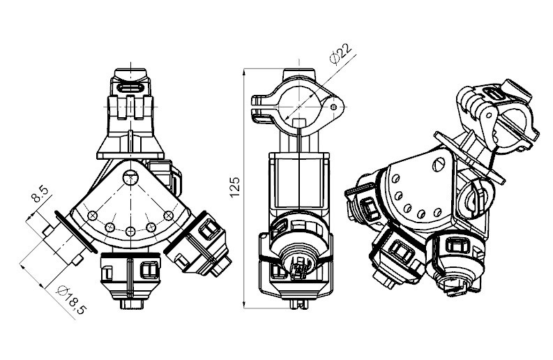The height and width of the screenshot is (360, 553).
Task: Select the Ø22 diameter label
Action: pyautogui.click(x=340, y=53)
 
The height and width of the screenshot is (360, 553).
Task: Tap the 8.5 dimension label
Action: pyautogui.click(x=40, y=194)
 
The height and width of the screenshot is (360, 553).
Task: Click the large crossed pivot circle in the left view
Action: pyautogui.click(x=130, y=177)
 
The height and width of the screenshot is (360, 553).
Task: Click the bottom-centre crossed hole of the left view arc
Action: pyautogui.click(x=130, y=232)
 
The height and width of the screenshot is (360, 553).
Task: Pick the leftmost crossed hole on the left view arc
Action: pyautogui.click(x=93, y=215)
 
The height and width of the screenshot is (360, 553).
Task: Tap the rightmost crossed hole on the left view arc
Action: pyautogui.click(x=169, y=215)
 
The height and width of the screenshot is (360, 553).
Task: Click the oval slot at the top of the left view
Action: pyautogui.click(x=130, y=88)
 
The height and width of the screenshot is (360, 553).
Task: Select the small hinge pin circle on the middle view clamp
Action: pyautogui.click(x=334, y=107)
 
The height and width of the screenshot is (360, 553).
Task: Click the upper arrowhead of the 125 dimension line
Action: pyautogui.click(x=244, y=73)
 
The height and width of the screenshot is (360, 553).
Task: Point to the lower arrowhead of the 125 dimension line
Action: pyautogui.click(x=244, y=305)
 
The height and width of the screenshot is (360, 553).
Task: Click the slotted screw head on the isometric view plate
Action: pyautogui.click(x=438, y=165)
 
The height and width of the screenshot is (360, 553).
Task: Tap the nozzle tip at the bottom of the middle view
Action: pyautogui.click(x=298, y=304)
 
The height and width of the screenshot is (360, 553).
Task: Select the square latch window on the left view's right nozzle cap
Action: pyautogui.click(x=208, y=230)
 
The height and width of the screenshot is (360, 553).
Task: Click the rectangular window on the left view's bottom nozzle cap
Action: pyautogui.click(x=149, y=270)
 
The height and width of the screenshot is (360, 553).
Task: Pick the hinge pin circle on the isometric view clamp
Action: pyautogui.click(x=488, y=115)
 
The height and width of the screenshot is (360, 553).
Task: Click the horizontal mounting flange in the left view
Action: pyautogui.click(x=130, y=156)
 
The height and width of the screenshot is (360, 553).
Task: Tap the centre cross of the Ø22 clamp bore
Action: pyautogui.click(x=299, y=106)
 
